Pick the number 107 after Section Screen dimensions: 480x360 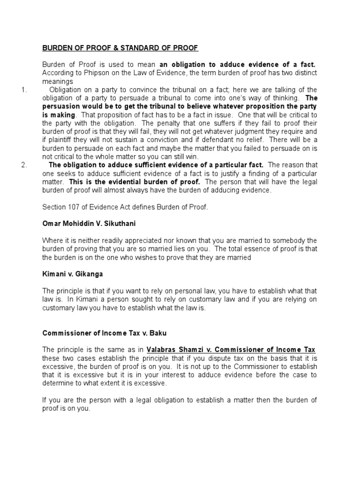click(x=75, y=206)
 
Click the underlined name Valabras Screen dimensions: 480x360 click(x=165, y=350)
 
